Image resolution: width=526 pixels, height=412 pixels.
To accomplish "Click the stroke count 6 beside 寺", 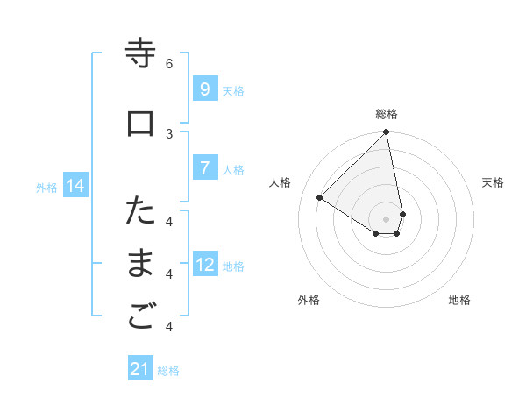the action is click(x=169, y=63).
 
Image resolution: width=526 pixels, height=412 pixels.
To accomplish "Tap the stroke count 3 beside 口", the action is click(x=169, y=132).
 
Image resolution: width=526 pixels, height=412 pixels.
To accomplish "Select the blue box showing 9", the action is click(x=204, y=89).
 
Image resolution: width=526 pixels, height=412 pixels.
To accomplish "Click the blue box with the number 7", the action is click(x=204, y=169).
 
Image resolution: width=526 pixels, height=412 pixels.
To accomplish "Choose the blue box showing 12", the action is click(x=204, y=266).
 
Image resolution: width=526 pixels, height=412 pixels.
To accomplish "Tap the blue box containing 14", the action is click(x=75, y=186).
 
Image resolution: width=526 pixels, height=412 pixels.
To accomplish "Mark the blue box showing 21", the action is click(x=140, y=369).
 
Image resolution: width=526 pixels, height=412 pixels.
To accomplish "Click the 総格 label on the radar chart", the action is click(x=387, y=114).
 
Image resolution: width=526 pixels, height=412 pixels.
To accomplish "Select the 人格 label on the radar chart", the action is click(x=281, y=182).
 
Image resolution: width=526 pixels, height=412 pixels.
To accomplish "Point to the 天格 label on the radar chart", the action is click(x=493, y=182).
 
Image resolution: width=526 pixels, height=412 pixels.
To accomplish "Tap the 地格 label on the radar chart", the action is click(x=459, y=300).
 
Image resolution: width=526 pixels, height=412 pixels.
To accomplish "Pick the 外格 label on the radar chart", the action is click(x=309, y=300).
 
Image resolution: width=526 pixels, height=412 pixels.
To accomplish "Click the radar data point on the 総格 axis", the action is click(x=387, y=132).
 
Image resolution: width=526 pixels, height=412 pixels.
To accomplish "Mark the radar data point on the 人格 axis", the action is click(x=320, y=198).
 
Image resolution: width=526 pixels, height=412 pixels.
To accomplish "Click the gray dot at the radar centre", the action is click(x=387, y=218).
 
